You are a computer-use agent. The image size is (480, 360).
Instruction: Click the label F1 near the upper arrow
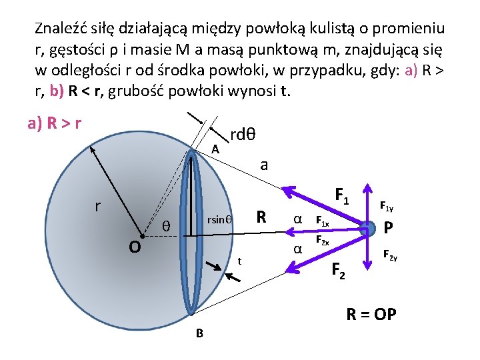pos(343,196)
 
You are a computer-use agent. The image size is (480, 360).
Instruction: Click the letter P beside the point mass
pos(389,228)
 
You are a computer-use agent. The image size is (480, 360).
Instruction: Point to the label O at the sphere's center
pos(135,247)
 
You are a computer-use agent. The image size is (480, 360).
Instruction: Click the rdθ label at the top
pos(243,134)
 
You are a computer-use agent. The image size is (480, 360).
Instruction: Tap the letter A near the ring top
pos(215,149)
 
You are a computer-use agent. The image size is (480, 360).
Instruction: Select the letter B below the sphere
pos(199,333)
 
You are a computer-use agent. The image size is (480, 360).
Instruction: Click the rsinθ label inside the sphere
pos(219,219)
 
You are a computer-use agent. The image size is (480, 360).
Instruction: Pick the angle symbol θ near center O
pos(167,227)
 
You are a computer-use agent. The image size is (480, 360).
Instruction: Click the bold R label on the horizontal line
pos(262,217)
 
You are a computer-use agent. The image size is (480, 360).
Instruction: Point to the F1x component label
pos(322,222)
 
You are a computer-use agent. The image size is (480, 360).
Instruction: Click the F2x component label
pos(322,241)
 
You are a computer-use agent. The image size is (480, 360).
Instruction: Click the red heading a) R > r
pos(55,123)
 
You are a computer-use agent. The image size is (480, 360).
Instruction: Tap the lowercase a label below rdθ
pos(264,164)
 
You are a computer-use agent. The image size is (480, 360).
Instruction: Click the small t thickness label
pos(239,261)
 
